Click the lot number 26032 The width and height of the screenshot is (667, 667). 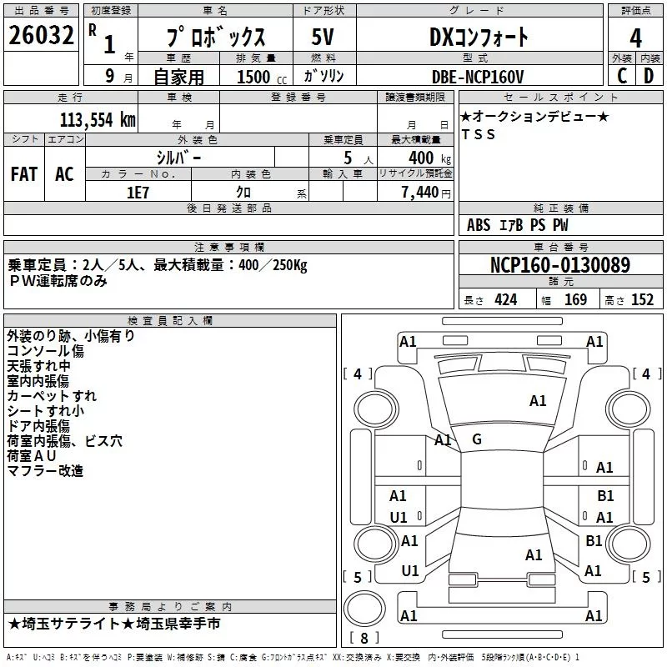[41, 35]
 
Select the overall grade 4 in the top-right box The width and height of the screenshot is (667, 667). [635, 38]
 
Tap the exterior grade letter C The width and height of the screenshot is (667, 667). [622, 76]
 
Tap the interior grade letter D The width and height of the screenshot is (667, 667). [649, 76]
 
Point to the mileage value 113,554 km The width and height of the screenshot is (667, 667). [98, 120]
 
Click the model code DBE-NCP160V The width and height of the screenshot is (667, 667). [478, 77]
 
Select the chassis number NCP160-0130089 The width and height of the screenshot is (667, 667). [559, 264]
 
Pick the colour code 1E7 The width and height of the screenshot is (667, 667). [138, 193]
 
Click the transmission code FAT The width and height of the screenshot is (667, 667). [24, 174]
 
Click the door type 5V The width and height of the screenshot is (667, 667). [323, 37]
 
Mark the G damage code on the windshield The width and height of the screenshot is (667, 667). [477, 439]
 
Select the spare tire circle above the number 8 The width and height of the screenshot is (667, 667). [364, 608]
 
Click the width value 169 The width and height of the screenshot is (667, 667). [575, 299]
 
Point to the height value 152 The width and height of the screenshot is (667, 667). [642, 299]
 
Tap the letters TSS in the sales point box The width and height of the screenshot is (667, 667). [479, 134]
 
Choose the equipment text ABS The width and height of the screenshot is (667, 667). [479, 225]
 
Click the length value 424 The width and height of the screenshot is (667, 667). [506, 299]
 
